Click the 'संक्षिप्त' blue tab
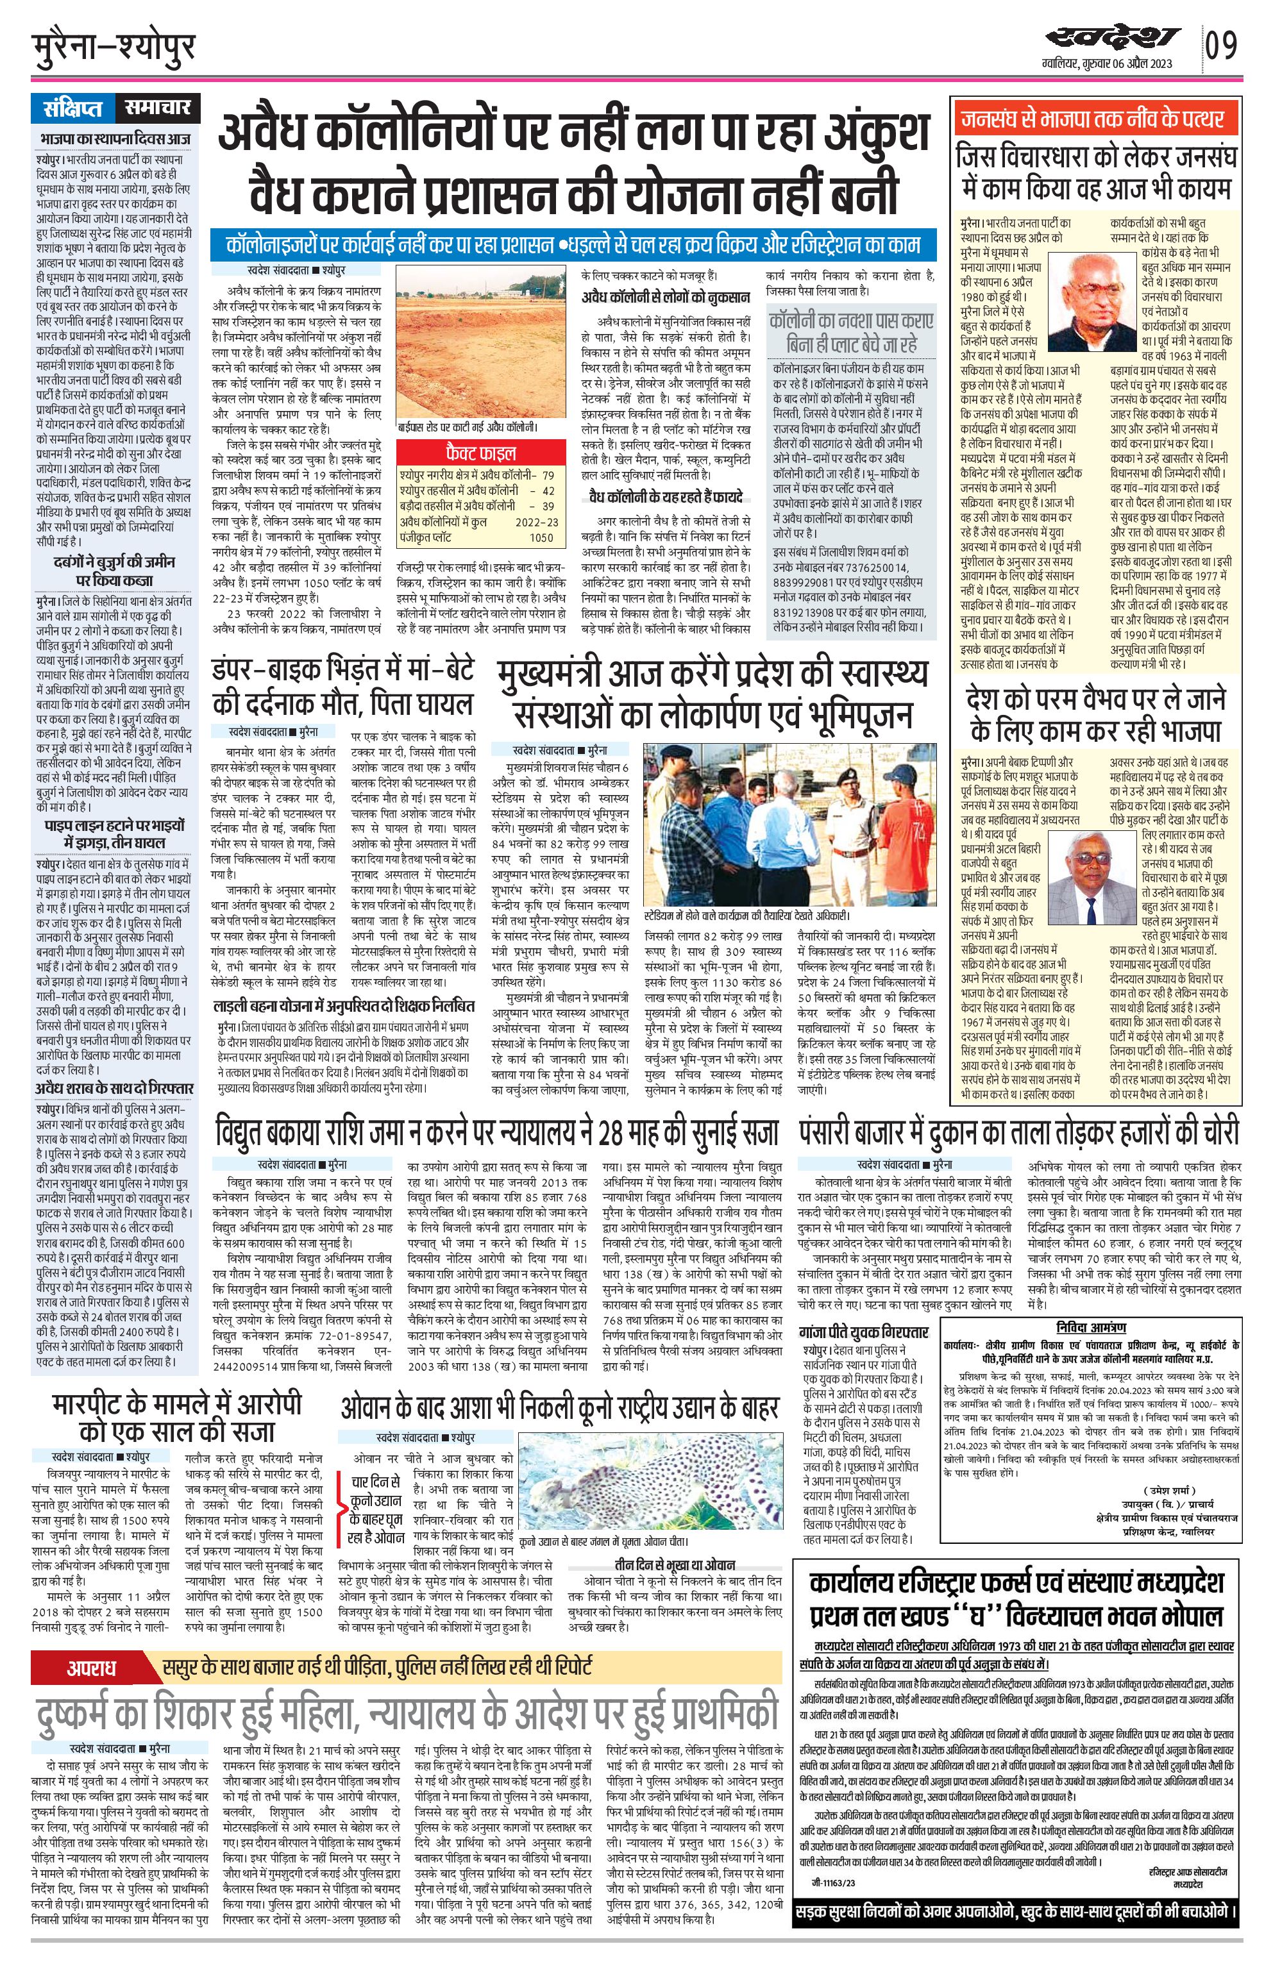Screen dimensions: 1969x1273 (75, 108)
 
